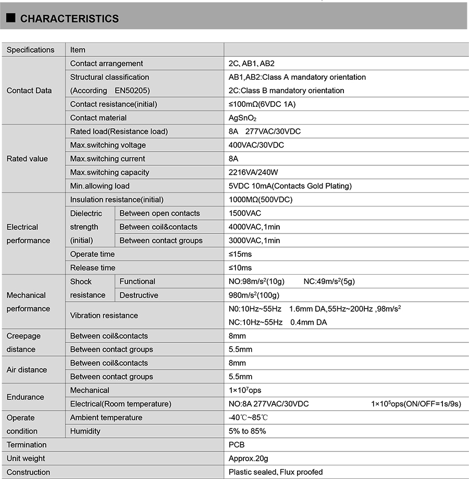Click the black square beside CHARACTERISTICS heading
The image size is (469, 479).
click(x=10, y=19)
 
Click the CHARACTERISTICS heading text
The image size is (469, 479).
click(x=69, y=19)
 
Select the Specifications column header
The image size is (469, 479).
click(x=30, y=50)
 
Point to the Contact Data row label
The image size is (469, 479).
click(x=29, y=91)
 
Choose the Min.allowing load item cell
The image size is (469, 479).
click(x=100, y=186)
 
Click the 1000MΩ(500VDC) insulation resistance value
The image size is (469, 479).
click(x=260, y=200)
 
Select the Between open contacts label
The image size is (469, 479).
click(x=159, y=213)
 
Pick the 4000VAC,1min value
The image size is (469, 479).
click(x=254, y=227)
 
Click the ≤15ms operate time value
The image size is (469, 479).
click(x=240, y=254)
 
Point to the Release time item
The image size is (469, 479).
click(x=93, y=268)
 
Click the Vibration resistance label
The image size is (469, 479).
click(x=104, y=315)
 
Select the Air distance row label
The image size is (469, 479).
click(x=27, y=370)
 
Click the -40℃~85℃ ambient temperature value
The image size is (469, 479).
click(x=249, y=417)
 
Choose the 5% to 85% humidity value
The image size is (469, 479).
click(x=248, y=431)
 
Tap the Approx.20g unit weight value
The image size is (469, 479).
click(x=249, y=459)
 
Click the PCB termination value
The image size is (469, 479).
click(x=237, y=445)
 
